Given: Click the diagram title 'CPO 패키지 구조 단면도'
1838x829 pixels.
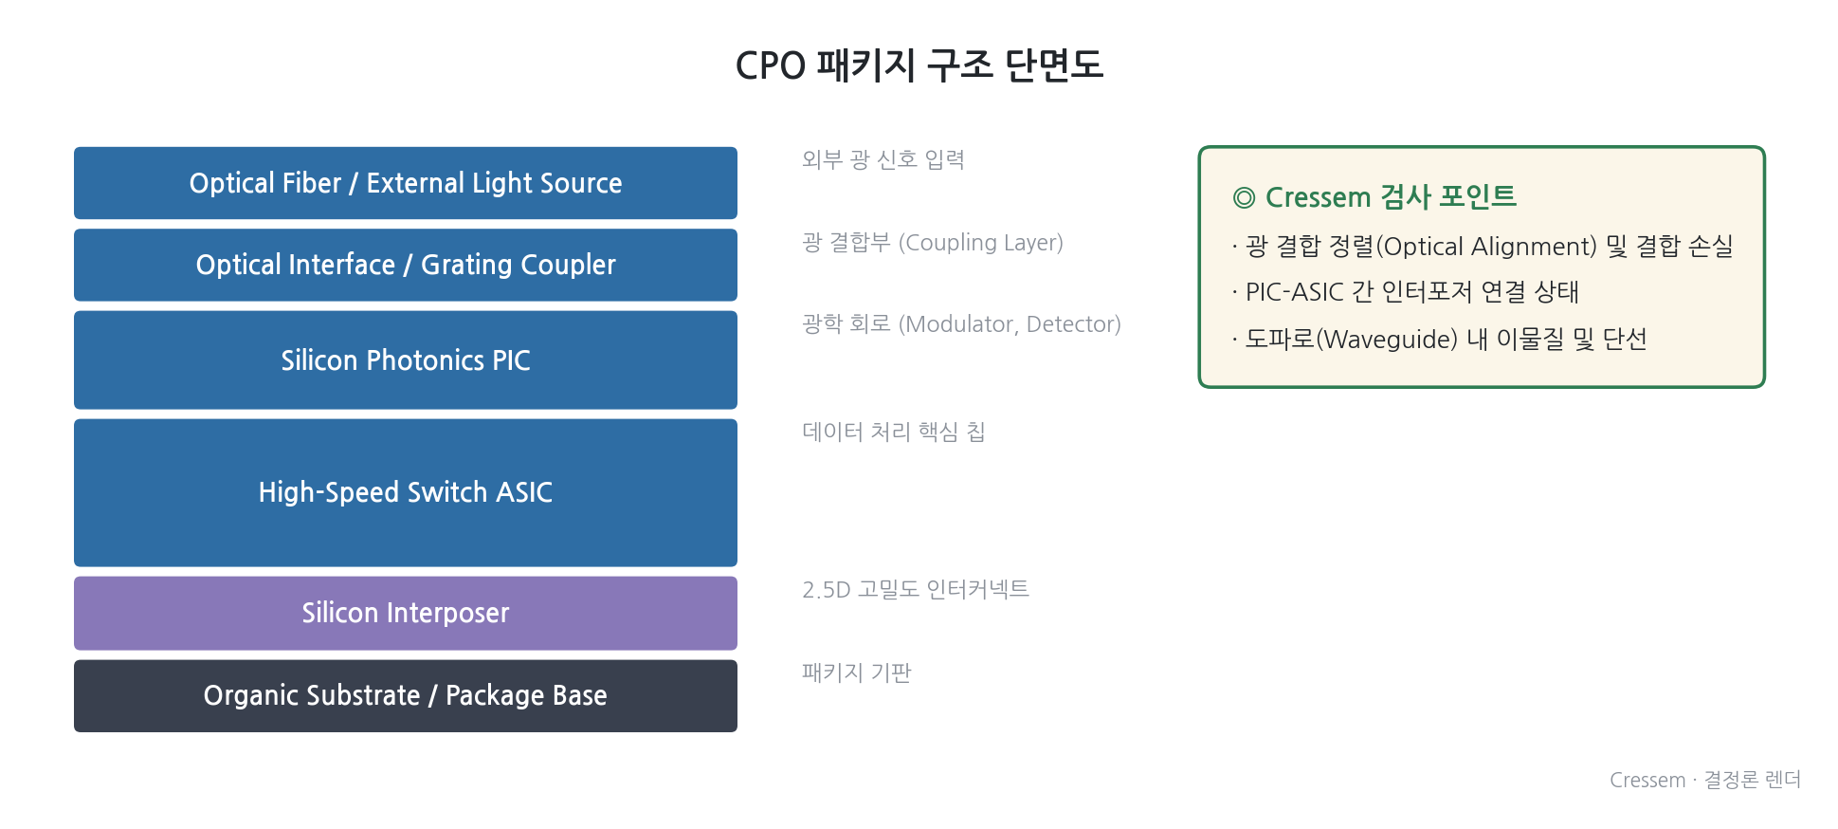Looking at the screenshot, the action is point(919,65).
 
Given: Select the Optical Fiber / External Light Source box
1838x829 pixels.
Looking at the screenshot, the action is point(406,183).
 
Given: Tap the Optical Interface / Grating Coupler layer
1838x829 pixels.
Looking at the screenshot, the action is point(406,265).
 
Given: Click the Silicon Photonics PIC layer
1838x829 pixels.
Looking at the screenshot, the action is point(406,360).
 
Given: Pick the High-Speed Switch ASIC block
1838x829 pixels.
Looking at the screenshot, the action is point(406,492).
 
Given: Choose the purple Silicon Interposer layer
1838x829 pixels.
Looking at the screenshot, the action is point(406,613).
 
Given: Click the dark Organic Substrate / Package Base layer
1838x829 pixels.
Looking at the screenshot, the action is point(406,695).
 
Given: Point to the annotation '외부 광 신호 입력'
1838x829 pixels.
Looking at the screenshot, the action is point(883,159).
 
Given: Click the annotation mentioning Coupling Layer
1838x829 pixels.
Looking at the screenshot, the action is point(933,243).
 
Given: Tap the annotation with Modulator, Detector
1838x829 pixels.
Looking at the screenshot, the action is point(961,324).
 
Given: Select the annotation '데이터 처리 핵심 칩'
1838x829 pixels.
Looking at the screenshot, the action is point(894,432).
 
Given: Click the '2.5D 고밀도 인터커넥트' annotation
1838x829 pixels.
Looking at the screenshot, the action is point(916,589).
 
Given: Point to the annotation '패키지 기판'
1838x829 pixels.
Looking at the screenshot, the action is point(857,672).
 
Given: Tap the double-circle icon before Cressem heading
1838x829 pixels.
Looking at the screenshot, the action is point(1244,197).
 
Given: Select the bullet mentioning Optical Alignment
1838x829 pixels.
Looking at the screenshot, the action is point(1483,247).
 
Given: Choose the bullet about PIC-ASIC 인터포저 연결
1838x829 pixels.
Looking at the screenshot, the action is point(1406,292).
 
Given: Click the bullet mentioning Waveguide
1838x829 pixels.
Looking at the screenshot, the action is point(1440,339).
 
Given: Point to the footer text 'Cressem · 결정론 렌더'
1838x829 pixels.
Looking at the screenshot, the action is point(1705,780).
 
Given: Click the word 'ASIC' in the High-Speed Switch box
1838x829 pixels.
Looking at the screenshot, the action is point(524,492).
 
